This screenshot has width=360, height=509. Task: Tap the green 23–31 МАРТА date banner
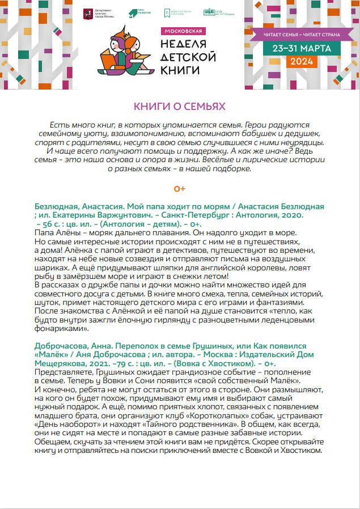[301, 48]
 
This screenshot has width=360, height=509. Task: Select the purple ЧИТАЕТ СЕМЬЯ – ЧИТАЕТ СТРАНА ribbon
[302, 35]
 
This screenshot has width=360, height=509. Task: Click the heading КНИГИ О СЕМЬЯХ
[180, 106]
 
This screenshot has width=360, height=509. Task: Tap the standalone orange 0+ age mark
[180, 188]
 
